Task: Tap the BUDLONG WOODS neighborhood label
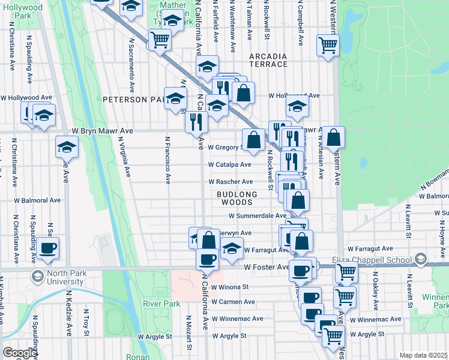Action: [x=237, y=199]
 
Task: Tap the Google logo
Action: [x=19, y=353]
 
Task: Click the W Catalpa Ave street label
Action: [x=229, y=164]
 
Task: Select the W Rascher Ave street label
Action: [x=231, y=182]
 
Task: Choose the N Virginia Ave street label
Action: [x=124, y=158]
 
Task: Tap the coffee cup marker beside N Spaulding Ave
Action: [x=47, y=248]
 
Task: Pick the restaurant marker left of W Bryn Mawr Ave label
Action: [x=196, y=122]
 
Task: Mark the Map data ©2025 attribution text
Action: [x=423, y=355]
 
